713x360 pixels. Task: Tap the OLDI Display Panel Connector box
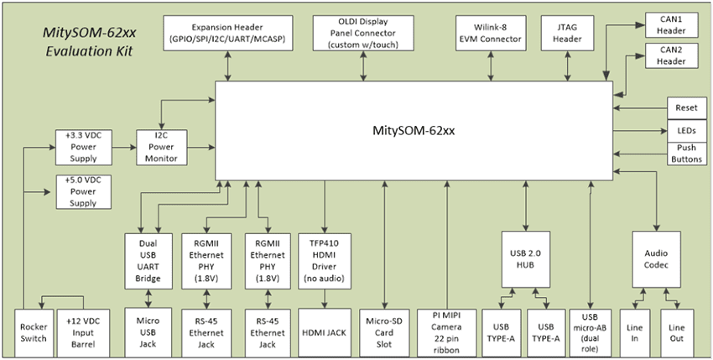[x=374, y=32]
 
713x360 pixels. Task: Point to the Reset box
[x=680, y=108]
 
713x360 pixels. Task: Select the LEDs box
[x=680, y=131]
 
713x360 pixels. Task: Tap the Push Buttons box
[x=680, y=154]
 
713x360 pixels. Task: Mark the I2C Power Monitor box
[x=162, y=147]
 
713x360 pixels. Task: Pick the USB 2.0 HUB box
[x=526, y=260]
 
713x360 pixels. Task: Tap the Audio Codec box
[x=656, y=260]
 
